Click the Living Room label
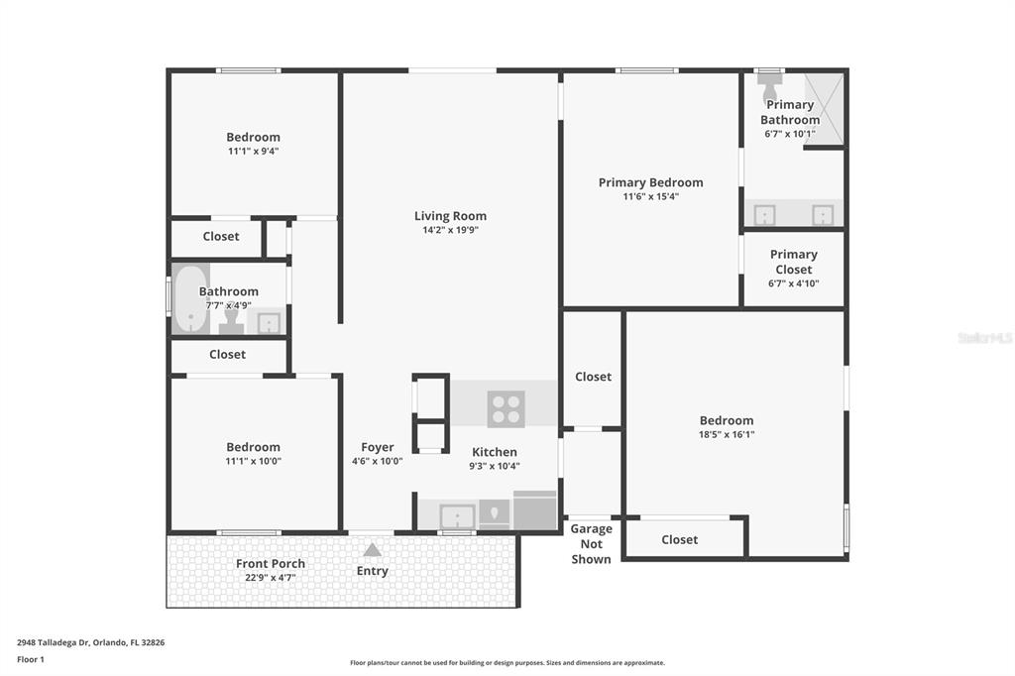[x=451, y=216]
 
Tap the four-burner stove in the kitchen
[x=507, y=409]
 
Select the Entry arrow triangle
[x=373, y=550]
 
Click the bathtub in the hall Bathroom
[x=190, y=299]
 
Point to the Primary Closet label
[x=794, y=262]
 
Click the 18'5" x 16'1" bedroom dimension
[x=727, y=434]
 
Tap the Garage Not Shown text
[x=591, y=544]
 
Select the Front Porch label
[x=271, y=563]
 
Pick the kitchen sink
[x=458, y=516]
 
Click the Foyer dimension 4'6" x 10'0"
[x=378, y=461]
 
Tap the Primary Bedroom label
[x=650, y=182]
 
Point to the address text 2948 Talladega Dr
[x=53, y=642]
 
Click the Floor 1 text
[x=31, y=659]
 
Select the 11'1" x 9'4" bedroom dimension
[x=253, y=151]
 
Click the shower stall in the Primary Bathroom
[x=824, y=108]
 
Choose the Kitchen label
[x=495, y=452]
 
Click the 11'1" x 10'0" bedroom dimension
[x=253, y=461]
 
